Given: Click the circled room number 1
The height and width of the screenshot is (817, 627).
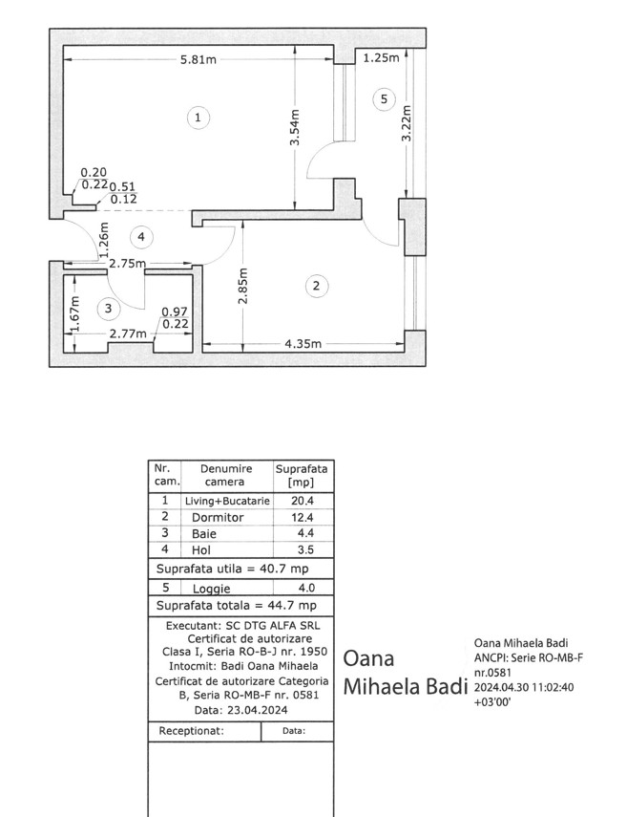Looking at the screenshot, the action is pos(198,118).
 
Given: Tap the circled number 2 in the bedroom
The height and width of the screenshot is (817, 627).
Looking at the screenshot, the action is pos(316,286).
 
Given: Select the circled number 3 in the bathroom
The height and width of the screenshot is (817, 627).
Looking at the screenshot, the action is pos(108,309).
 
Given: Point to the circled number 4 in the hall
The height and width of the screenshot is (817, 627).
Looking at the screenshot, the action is pos(141,237).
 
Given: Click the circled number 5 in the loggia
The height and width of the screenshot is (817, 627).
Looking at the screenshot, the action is pos(384,99).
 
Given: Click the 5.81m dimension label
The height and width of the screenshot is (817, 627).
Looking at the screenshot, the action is pos(199,59).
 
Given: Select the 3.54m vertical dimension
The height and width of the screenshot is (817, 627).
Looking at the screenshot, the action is pos(295,128).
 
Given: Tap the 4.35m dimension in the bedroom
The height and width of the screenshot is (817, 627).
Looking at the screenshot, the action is pos(303,344).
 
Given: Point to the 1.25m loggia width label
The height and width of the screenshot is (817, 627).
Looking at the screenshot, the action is pos(381,58).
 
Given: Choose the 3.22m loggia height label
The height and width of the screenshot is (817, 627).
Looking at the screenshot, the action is pos(407,123).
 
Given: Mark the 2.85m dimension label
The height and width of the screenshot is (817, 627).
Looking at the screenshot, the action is pos(243,286).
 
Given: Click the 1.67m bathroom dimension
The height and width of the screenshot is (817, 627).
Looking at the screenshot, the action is pos(75,313).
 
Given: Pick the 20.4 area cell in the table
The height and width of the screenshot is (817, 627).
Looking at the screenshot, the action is pos(303,501).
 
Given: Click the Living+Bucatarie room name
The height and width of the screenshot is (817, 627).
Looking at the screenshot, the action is pos(227,502).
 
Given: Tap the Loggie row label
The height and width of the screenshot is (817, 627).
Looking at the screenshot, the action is pos(211,589).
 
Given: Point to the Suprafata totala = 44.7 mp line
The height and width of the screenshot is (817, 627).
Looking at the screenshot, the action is pos(237,606).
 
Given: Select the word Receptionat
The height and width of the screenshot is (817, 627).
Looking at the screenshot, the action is pos(191,731).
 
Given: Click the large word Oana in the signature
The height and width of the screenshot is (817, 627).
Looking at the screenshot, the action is pos(368,658).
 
